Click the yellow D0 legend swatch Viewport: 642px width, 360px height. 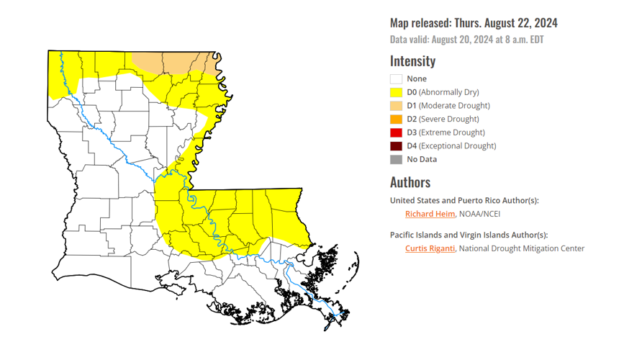tap(396, 92)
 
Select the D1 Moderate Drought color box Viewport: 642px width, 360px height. tap(396, 106)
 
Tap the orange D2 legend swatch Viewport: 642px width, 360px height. tap(396, 120)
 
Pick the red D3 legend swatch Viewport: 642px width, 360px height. tap(396, 132)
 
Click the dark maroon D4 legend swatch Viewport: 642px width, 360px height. tap(396, 146)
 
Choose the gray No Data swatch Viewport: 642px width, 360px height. tap(396, 160)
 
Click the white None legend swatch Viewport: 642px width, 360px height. tap(396, 79)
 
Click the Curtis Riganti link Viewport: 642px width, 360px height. tap(430, 248)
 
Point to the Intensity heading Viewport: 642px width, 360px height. tap(412, 60)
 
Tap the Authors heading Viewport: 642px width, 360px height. tap(410, 182)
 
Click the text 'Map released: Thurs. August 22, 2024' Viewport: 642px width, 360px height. tap(474, 23)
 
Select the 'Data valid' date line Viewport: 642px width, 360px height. tap(466, 40)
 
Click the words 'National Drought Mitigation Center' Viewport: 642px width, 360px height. tap(522, 248)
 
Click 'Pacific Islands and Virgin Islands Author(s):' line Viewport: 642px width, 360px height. tap(469, 235)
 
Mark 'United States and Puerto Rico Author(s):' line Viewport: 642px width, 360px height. tap(464, 200)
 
